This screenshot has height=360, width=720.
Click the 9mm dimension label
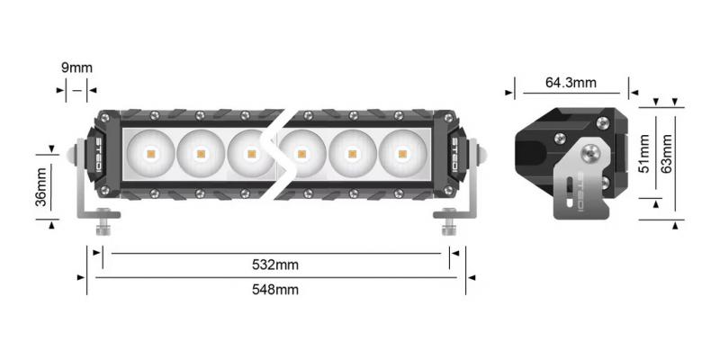pos(76,67)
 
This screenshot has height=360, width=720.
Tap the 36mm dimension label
pos(40,185)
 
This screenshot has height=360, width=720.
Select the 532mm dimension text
pos(274,265)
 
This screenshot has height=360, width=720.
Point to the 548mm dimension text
pos(274,289)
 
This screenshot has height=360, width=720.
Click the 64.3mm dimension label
pos(571,83)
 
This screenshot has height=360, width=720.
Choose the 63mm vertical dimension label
pos(667,154)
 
